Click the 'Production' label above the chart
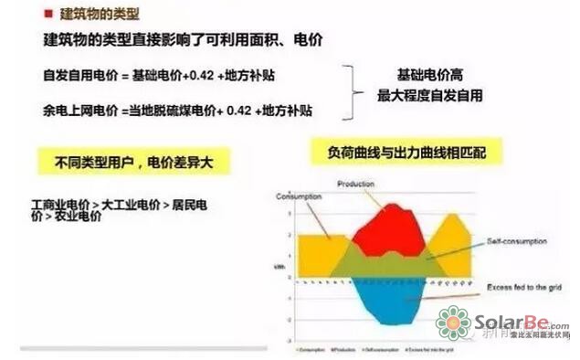[356, 184]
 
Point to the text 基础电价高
[429, 75]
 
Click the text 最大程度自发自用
[429, 95]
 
